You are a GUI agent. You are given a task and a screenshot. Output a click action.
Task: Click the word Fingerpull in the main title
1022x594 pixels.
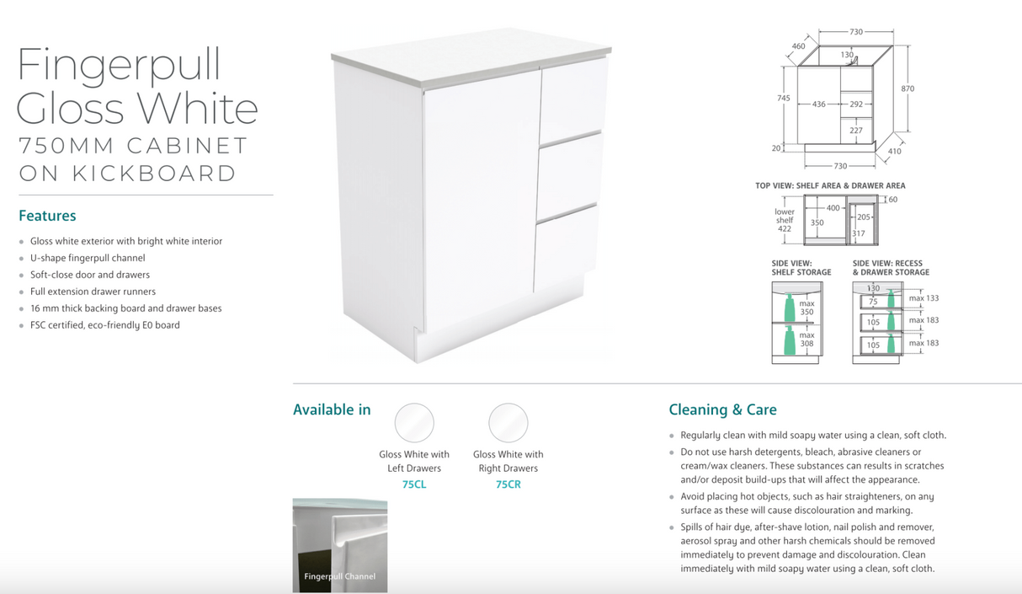119,66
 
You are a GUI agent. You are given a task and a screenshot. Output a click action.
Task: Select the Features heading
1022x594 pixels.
47,216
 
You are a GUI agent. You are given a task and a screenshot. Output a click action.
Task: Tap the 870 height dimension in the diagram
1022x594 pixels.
908,88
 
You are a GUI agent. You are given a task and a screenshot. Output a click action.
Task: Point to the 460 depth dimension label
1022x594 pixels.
798,46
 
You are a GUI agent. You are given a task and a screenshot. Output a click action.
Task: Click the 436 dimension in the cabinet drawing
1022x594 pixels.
818,104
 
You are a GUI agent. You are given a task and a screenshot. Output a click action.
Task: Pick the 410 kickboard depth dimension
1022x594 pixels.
894,152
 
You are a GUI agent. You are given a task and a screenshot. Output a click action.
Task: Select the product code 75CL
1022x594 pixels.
414,484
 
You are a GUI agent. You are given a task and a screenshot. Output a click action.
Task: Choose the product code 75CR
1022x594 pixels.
508,484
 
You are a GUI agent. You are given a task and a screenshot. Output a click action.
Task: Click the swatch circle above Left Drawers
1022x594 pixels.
414,423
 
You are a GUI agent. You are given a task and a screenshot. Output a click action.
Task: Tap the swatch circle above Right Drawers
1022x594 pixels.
508,423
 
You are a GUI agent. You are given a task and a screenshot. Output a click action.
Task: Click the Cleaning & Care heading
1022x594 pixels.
722,410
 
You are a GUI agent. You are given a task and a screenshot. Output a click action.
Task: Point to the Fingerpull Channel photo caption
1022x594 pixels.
339,577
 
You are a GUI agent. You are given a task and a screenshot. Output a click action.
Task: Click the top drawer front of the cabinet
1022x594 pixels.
572,91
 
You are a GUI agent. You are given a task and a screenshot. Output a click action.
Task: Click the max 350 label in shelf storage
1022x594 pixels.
806,308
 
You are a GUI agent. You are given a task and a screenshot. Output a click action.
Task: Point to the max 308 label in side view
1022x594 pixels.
806,340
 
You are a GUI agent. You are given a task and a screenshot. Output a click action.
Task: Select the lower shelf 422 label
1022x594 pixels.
785,220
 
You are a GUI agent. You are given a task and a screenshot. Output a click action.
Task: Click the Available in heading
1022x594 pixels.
332,410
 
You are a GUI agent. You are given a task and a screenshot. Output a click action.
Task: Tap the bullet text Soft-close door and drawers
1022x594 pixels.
90,275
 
